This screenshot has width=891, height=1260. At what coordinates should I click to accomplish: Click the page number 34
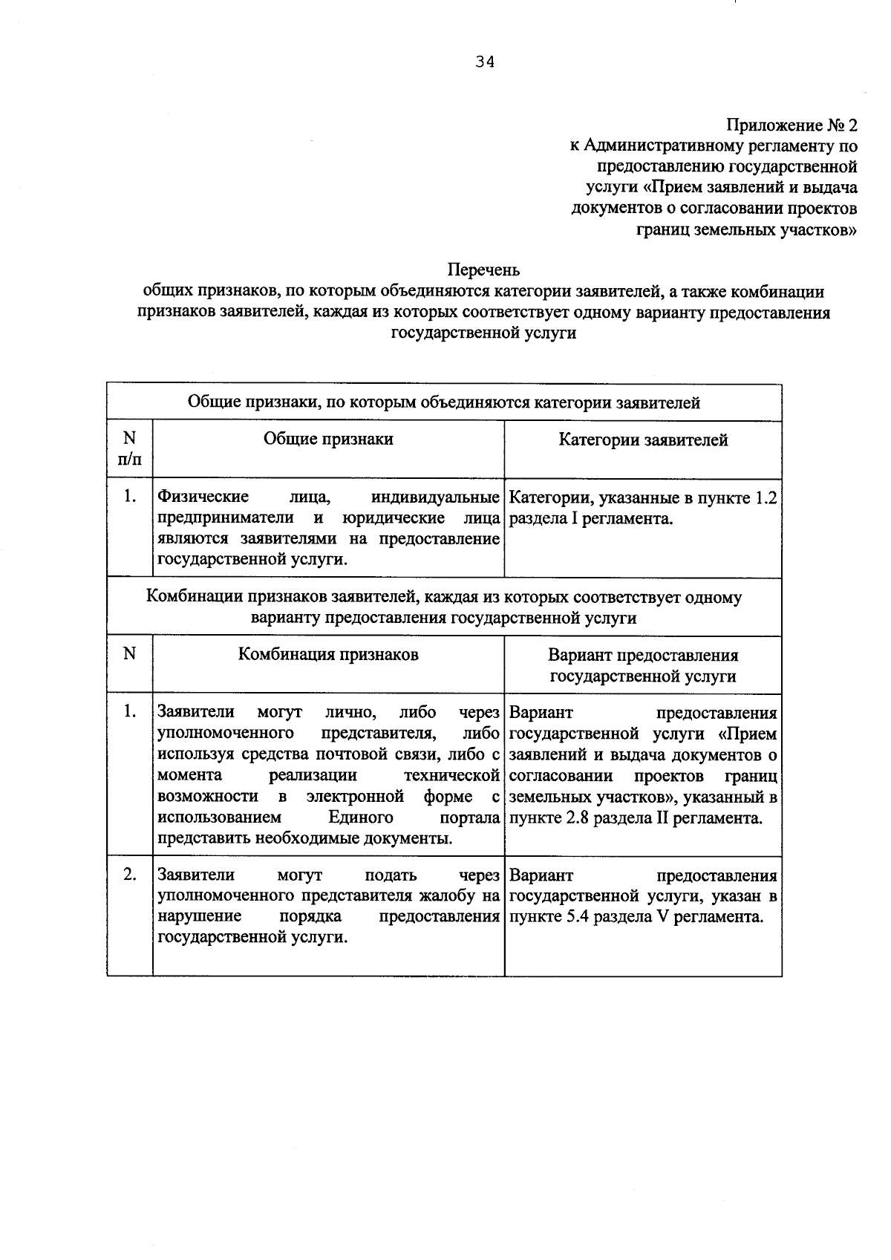tap(485, 62)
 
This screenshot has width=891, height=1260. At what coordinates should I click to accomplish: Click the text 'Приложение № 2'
tap(792, 124)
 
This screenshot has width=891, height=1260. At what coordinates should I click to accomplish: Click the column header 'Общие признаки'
tap(328, 439)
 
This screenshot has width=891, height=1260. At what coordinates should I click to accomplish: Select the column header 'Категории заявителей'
tap(643, 440)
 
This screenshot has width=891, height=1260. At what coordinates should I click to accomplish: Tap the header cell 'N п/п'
tap(129, 448)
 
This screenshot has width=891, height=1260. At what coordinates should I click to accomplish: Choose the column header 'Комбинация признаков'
tap(328, 654)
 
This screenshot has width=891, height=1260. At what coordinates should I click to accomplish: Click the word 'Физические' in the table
tap(203, 497)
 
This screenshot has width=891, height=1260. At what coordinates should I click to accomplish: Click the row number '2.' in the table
tap(130, 875)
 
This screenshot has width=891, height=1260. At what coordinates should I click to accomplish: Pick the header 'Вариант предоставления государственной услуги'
tap(643, 665)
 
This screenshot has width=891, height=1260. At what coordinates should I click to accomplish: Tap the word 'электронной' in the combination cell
tap(355, 797)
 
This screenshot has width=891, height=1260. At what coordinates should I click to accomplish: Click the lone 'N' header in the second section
tap(130, 653)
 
